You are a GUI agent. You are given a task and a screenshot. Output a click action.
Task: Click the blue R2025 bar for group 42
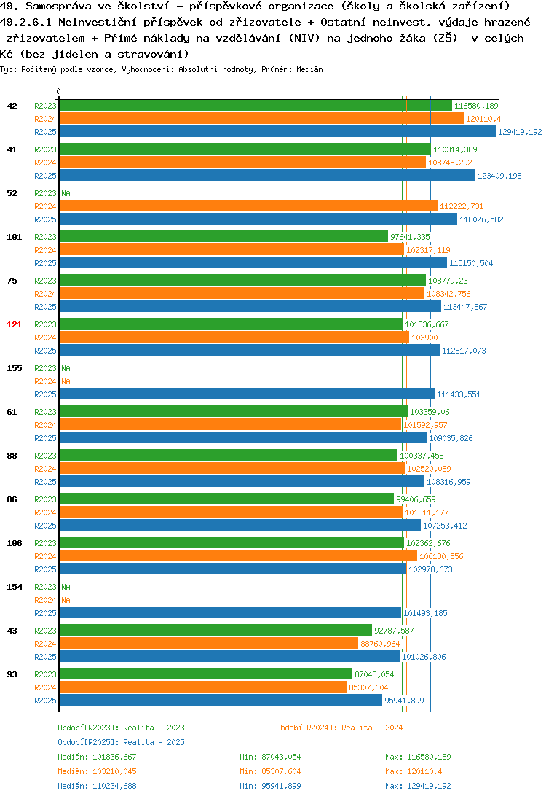pos(277,131)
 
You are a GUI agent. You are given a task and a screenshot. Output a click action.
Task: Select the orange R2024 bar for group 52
pos(248,206)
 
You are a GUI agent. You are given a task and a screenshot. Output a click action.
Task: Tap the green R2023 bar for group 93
pos(205,674)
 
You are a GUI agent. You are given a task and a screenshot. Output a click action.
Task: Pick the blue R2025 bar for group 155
pos(247,394)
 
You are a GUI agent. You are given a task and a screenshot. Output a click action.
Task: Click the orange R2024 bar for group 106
pos(238,556)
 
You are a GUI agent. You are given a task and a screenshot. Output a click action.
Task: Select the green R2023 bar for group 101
pos(223,236)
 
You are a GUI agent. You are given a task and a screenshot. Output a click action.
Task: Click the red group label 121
pos(15,324)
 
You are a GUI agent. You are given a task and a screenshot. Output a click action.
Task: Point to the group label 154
pos(15,587)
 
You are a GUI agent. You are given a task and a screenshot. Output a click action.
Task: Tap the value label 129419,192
pos(520,132)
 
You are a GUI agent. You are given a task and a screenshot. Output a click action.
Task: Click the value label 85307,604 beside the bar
pos(368,687)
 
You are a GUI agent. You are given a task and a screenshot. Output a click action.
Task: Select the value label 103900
pos(424,338)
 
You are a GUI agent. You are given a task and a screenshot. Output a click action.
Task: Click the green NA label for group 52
pos(66,193)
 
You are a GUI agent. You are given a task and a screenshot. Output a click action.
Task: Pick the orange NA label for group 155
pos(66,381)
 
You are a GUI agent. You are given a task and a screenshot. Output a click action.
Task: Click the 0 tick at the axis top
pos(58,91)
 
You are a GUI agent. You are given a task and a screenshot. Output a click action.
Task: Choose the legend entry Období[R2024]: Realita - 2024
pos(339,728)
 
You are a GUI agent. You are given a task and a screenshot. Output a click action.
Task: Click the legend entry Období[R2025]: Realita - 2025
pos(121,742)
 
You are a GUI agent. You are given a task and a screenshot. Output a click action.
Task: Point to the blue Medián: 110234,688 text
pos(97,786)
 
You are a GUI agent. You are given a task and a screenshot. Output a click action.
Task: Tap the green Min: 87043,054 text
pos(269,757)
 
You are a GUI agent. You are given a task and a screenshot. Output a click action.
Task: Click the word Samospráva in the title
pos(58,6)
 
